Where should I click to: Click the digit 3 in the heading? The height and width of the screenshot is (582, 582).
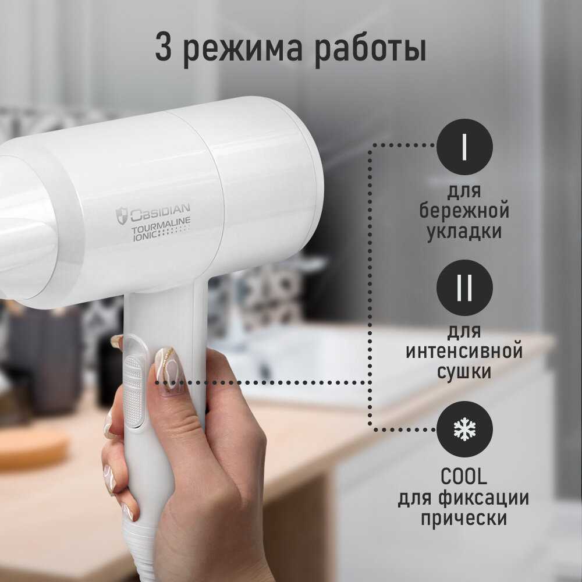click(x=164, y=47)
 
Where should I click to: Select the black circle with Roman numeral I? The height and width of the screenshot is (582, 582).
click(x=464, y=147)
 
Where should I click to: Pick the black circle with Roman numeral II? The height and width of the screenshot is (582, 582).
click(x=464, y=288)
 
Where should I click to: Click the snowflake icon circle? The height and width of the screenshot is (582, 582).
click(x=464, y=429)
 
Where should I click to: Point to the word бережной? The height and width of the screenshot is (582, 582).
click(x=464, y=210)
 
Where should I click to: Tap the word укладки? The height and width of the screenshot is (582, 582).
click(x=464, y=232)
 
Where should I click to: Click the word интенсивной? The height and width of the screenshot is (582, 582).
click(x=464, y=351)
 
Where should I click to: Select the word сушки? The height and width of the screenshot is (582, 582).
click(x=464, y=372)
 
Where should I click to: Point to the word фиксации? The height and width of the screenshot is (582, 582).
click(x=484, y=498)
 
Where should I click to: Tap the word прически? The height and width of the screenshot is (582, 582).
click(x=464, y=518)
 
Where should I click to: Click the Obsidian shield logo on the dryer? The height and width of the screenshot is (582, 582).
click(x=122, y=216)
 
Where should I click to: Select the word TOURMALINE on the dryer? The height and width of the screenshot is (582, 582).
click(x=161, y=226)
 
